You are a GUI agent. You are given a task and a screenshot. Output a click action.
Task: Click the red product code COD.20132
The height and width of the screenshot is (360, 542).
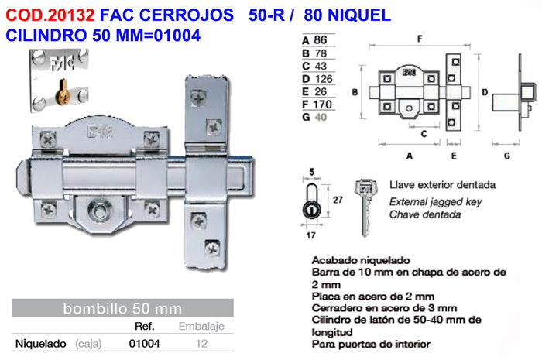click(50, 15)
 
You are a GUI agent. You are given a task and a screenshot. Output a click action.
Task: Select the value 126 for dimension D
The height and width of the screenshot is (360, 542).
click(324, 79)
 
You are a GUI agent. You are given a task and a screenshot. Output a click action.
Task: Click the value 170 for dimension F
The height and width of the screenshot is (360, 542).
click(322, 105)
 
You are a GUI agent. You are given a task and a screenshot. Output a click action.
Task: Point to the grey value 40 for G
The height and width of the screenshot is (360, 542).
click(321, 117)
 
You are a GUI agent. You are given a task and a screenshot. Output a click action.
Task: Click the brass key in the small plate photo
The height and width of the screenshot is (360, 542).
click(63, 91)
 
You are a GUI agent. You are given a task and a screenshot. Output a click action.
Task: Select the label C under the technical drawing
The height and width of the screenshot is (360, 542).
click(424, 134)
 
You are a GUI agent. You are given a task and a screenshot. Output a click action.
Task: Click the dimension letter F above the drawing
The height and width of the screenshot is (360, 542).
click(420, 39)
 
